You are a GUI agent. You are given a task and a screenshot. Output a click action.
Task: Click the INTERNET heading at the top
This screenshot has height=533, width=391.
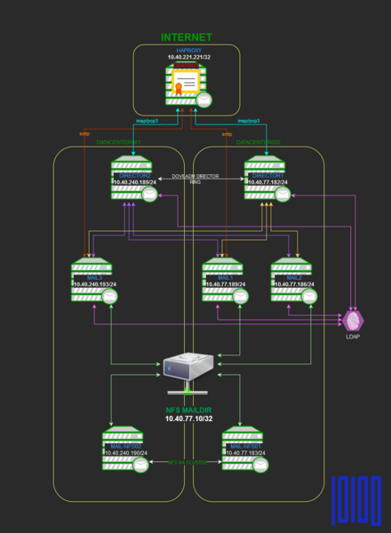pyautogui.click(x=186, y=37)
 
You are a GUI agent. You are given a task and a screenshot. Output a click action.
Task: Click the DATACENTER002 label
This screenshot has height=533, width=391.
pyautogui.click(x=258, y=142)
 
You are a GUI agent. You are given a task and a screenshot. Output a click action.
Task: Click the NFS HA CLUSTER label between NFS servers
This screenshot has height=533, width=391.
pyautogui.click(x=186, y=461)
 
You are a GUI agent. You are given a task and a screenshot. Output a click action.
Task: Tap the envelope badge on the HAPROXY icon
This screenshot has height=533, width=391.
pyautogui.click(x=204, y=99)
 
